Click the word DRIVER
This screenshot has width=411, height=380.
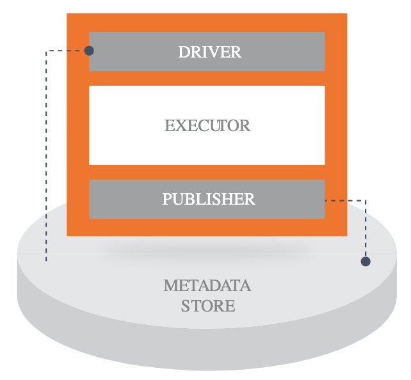209,52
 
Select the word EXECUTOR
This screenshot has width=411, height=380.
207,125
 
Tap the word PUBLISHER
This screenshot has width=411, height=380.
209,199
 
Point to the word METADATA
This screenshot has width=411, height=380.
207,285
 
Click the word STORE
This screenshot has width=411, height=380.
208,306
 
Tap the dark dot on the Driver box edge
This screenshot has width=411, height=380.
89,51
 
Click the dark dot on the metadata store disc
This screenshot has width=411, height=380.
366,261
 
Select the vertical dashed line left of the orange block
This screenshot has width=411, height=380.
46,160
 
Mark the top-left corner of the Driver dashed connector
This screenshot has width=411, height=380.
46,51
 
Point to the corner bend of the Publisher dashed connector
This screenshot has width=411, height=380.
366,201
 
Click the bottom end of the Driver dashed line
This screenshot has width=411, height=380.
46,260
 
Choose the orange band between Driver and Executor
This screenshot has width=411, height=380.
207,78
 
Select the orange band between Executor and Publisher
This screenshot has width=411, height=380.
207,172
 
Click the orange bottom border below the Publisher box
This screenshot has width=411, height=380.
207,227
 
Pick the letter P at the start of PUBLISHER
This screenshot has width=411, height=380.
167,199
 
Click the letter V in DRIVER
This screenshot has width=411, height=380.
215,52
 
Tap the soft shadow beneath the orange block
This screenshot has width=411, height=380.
208,250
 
